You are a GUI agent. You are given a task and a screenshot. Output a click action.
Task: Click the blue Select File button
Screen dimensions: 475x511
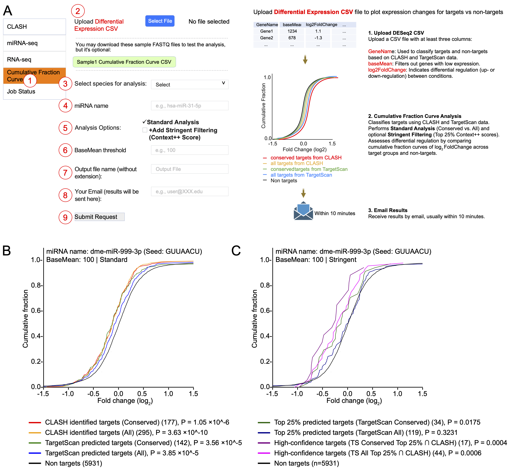(x=160, y=21)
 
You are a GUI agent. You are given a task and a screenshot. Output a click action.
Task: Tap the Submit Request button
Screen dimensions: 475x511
(x=99, y=217)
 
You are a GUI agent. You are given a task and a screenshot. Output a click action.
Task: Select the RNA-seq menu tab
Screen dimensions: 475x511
(x=35, y=59)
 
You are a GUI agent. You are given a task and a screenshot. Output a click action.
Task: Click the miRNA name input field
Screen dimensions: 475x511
(x=190, y=106)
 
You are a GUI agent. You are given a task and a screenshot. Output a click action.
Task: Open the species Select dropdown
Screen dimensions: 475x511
(x=190, y=85)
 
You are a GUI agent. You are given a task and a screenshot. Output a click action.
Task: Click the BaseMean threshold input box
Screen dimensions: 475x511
(x=190, y=150)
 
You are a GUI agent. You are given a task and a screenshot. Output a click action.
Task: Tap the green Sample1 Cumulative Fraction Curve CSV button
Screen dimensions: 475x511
(x=124, y=62)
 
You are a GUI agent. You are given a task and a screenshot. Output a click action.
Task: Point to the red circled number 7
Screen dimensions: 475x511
(x=65, y=173)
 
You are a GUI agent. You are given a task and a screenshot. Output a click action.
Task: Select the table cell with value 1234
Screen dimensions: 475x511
(x=292, y=31)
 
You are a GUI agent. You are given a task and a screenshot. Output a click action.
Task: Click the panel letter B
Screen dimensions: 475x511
(x=7, y=251)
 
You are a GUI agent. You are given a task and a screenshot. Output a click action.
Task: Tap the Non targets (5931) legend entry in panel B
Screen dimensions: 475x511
(x=73, y=463)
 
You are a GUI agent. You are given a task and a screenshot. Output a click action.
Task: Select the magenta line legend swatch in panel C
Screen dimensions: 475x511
(x=264, y=453)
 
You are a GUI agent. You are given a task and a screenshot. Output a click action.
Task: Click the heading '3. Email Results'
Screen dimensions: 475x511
(x=388, y=210)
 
